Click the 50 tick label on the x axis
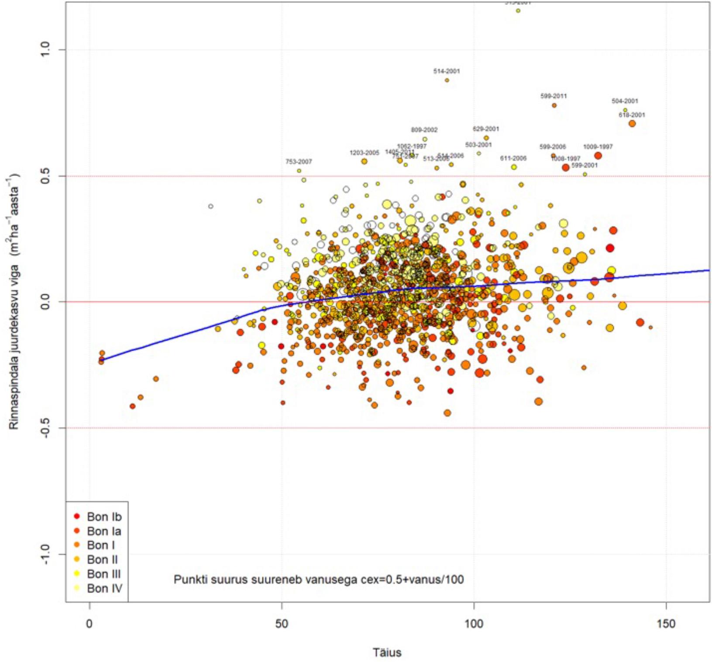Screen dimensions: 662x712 pyautogui.click(x=282, y=623)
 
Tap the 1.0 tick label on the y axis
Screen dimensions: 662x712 pyautogui.click(x=45, y=49)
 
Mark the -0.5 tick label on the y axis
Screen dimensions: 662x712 pyautogui.click(x=45, y=428)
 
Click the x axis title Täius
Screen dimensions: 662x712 pyautogui.click(x=387, y=652)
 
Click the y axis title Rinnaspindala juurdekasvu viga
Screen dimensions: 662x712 pyautogui.click(x=14, y=301)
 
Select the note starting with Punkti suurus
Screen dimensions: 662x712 pyautogui.click(x=319, y=579)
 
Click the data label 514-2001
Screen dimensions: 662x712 pyautogui.click(x=447, y=71)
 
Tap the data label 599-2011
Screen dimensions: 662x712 pyautogui.click(x=554, y=96)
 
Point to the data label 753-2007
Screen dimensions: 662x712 pyautogui.click(x=299, y=162)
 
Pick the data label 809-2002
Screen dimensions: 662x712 pyautogui.click(x=424, y=130)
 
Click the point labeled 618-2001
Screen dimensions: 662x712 pyautogui.click(x=632, y=124)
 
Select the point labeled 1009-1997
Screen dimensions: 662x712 pyautogui.click(x=598, y=155)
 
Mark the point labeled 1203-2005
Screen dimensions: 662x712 pyautogui.click(x=364, y=161)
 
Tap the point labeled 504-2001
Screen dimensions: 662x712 pyautogui.click(x=625, y=110)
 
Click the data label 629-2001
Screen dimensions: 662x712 pyautogui.click(x=485, y=129)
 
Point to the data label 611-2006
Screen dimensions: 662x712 pyautogui.click(x=513, y=158)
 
